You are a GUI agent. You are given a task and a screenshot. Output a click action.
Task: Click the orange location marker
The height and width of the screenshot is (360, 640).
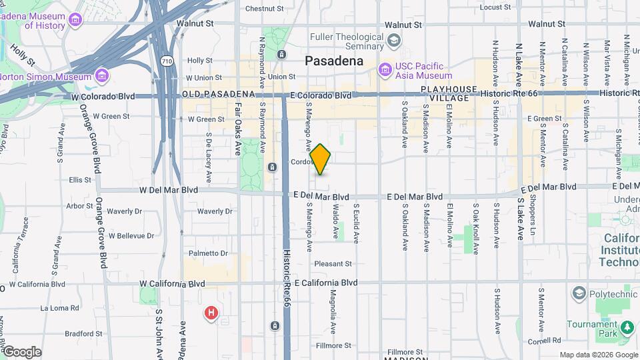[x=321, y=159]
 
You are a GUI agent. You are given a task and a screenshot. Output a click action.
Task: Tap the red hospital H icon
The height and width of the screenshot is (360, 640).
[x=211, y=312]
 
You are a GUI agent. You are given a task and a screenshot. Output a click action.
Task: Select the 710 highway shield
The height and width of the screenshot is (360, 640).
[x=167, y=61]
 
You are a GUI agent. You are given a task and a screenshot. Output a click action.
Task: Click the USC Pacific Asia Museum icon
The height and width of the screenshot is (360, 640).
[x=385, y=69]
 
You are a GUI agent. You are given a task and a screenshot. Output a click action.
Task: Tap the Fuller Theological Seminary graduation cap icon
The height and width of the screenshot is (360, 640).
[x=394, y=41]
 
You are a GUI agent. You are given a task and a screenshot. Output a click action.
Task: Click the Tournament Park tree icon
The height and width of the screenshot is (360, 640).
[x=627, y=327]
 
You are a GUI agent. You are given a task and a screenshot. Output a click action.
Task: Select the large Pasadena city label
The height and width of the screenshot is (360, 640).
[x=334, y=61]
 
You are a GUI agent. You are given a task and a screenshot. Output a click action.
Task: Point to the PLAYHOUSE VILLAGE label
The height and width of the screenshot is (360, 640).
[x=449, y=93]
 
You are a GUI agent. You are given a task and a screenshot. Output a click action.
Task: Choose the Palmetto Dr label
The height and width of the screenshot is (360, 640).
[x=208, y=253]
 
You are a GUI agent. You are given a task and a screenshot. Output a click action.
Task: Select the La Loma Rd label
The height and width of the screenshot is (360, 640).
[x=59, y=308]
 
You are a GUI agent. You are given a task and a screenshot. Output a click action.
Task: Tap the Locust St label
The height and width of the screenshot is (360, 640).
[x=495, y=7]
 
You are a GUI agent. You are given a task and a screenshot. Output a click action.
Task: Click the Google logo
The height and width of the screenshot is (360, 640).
[x=21, y=352]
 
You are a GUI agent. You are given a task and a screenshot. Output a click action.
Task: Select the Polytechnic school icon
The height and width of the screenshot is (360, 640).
[x=578, y=293]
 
